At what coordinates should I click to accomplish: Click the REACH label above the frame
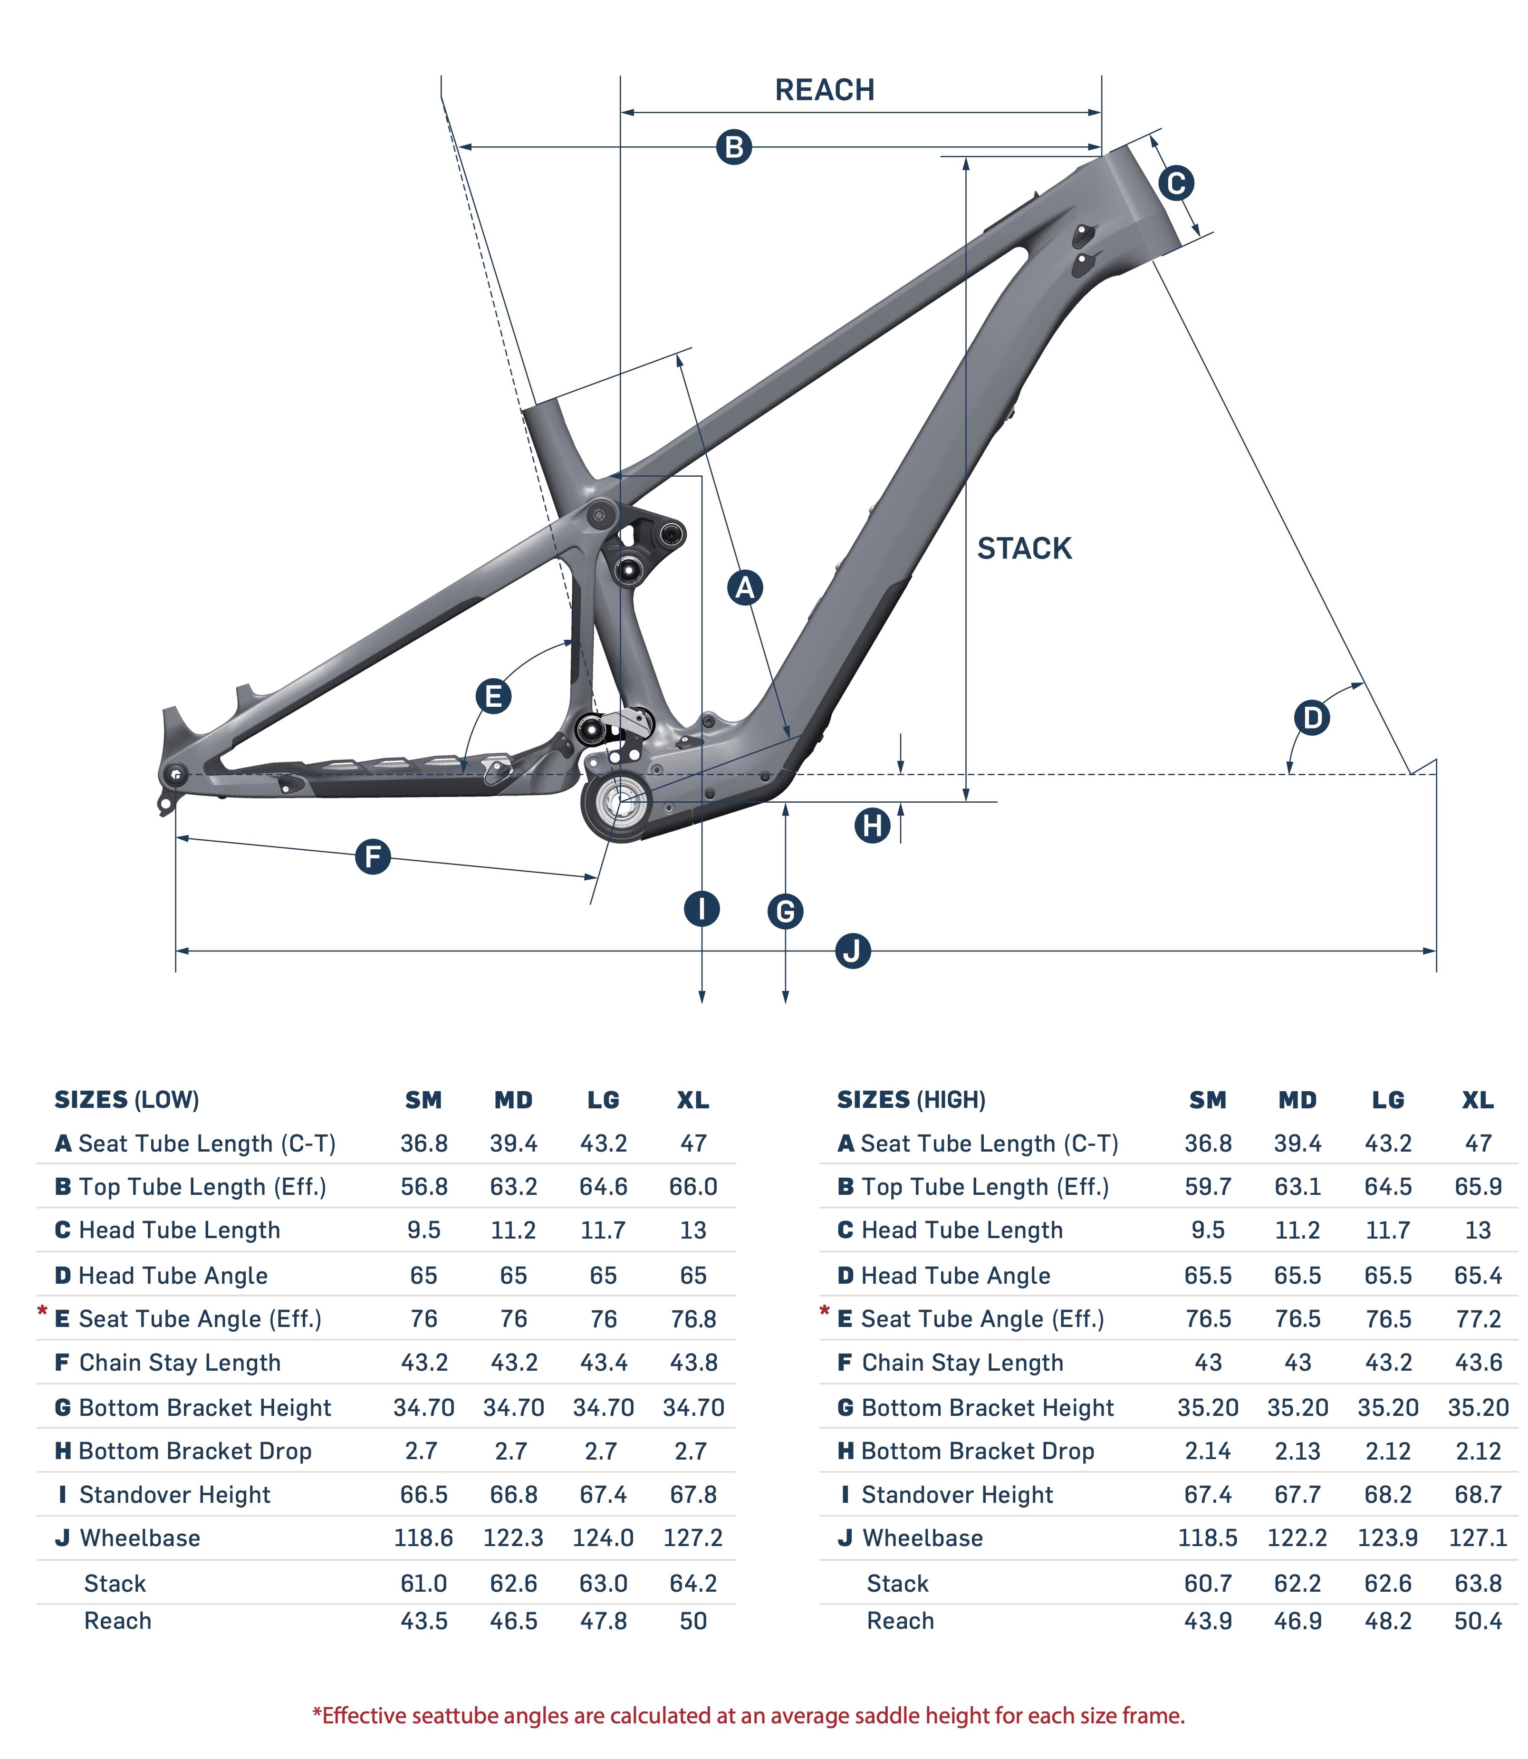824,89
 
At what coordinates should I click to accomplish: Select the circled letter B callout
733,147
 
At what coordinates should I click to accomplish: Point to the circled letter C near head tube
1176,183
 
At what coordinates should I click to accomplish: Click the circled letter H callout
872,826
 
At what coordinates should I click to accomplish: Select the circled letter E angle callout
493,696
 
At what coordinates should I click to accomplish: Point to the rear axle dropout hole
176,774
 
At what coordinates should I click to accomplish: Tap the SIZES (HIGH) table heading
911,1100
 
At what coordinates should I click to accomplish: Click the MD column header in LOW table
513,1100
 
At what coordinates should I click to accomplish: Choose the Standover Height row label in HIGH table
957,1495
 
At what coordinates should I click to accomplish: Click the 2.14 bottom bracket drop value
1207,1451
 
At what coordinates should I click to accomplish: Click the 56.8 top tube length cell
424,1187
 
